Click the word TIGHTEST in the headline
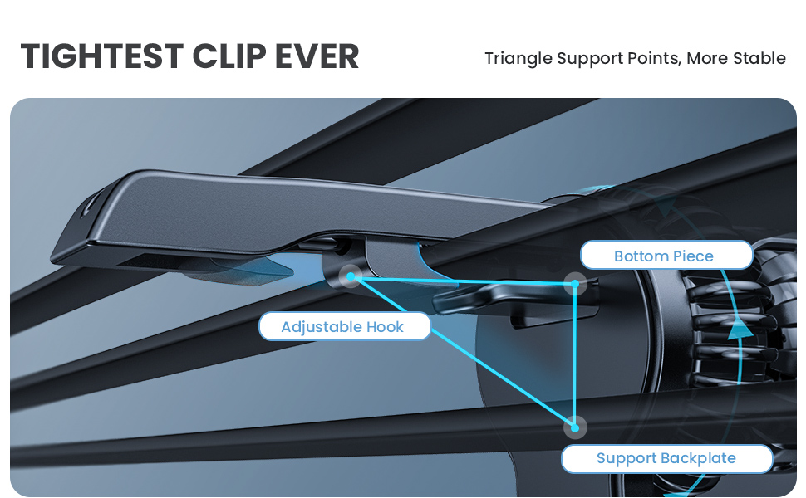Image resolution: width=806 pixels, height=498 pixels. [x=101, y=56]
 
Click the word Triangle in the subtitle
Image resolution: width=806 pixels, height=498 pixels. [x=518, y=59]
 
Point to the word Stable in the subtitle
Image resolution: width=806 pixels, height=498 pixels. [x=759, y=59]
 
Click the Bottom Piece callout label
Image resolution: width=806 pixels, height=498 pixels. [x=664, y=256]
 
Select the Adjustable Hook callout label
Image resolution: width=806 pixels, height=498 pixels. [x=342, y=327]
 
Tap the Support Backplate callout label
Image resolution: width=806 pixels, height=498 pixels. [x=666, y=458]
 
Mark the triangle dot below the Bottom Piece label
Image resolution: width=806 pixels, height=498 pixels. [x=574, y=285]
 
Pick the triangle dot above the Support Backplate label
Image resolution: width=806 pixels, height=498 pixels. [x=574, y=427]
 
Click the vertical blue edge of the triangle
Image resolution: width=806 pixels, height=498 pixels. [x=574, y=357]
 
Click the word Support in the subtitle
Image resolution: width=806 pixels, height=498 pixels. [x=592, y=59]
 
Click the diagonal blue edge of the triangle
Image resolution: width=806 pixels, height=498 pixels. [x=465, y=354]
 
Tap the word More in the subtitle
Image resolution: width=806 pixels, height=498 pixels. [x=705, y=59]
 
